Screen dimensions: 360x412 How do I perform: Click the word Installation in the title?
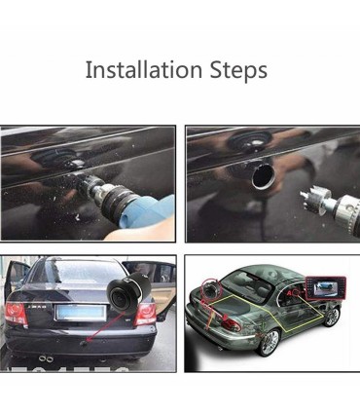click(144, 69)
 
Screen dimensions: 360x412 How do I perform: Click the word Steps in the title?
click(238, 70)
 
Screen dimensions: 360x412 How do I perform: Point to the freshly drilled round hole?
click(263, 176)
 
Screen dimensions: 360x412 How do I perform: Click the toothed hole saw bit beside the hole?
click(315, 198)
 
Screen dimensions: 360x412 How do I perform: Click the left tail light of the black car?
click(16, 314)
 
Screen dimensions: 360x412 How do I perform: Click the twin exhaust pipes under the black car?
click(47, 358)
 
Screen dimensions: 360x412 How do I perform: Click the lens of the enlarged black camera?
click(121, 295)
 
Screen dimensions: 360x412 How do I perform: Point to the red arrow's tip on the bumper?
click(85, 342)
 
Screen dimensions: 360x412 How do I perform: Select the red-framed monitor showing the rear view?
click(326, 289)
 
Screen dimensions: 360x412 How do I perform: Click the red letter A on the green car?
click(289, 293)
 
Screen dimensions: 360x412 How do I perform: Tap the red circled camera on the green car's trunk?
click(211, 288)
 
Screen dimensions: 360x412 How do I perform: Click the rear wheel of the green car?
click(270, 342)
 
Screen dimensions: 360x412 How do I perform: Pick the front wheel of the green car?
click(332, 316)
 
